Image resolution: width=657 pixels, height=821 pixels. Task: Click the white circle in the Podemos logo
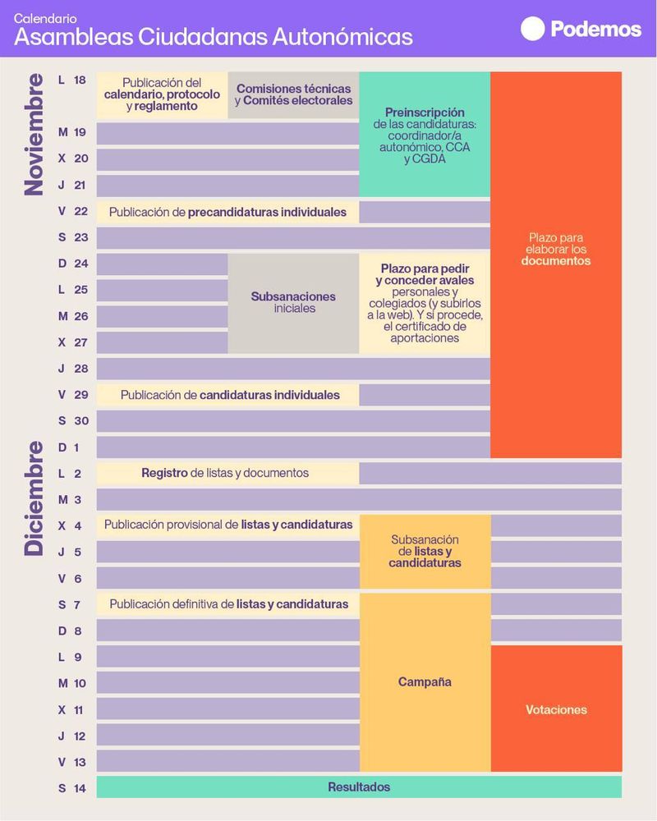click(533, 29)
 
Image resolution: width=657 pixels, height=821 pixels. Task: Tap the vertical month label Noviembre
click(34, 135)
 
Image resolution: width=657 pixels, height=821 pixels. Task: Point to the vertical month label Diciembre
click(34, 499)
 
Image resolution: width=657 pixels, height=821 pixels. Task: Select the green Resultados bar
click(359, 787)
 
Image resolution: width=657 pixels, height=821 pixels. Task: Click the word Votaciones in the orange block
click(556, 709)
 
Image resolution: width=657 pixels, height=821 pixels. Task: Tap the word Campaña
click(425, 682)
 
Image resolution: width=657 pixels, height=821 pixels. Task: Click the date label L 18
click(71, 80)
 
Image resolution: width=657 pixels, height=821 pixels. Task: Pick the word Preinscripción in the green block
click(425, 112)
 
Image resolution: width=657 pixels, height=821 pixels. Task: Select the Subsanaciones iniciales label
click(293, 302)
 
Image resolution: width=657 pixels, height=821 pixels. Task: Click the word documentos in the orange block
click(556, 261)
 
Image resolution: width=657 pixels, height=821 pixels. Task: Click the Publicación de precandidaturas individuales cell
click(227, 212)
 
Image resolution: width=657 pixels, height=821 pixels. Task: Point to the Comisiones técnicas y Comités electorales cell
click(293, 94)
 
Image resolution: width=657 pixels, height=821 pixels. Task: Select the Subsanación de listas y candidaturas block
click(425, 551)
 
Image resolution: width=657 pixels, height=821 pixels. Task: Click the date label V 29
click(71, 395)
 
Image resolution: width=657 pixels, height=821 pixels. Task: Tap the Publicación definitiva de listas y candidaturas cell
click(227, 604)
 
